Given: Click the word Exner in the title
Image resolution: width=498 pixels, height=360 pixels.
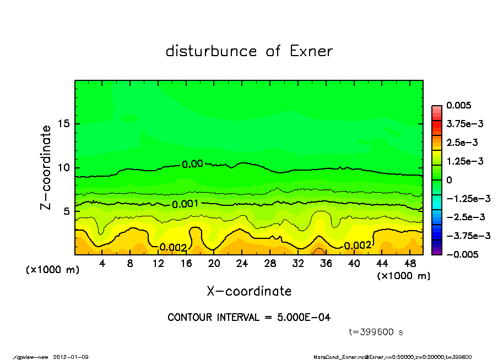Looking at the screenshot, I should point(311,51).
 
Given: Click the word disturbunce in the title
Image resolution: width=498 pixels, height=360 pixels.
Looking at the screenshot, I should point(212,51).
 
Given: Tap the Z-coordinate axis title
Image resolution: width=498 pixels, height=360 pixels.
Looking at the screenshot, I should point(46,167).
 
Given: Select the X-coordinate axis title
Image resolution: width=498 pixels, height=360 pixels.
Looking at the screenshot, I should point(249,291).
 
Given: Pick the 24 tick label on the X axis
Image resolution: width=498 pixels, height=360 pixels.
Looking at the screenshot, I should point(242,264).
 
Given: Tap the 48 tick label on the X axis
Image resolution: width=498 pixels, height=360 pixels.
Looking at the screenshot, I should point(410,264).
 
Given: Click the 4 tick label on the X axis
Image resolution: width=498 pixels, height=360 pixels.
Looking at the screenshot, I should point(102,264).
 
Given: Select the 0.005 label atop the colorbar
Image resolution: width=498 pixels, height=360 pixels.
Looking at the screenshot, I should point(460,105).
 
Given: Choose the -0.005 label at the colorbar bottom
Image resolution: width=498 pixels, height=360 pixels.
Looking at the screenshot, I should point(462,254).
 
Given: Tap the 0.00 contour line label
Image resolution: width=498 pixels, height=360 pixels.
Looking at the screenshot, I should point(192,163).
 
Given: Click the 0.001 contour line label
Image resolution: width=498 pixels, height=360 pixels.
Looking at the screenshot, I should point(185,204).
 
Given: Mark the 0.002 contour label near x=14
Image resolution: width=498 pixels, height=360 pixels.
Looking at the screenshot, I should point(173,248).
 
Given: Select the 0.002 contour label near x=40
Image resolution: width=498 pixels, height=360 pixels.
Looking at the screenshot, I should point(358,246).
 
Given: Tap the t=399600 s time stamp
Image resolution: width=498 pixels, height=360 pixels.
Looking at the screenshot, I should point(376,332).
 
